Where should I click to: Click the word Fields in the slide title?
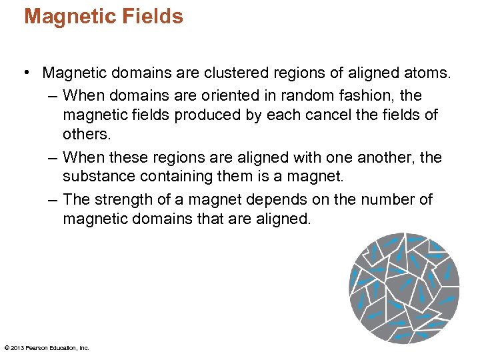tap(152, 16)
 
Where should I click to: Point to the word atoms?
tap(429, 72)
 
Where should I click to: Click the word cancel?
tap(329, 115)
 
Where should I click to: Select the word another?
tap(385, 157)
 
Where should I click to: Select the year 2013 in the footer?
tap(18, 347)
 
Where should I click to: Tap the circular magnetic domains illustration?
tap(404, 287)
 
